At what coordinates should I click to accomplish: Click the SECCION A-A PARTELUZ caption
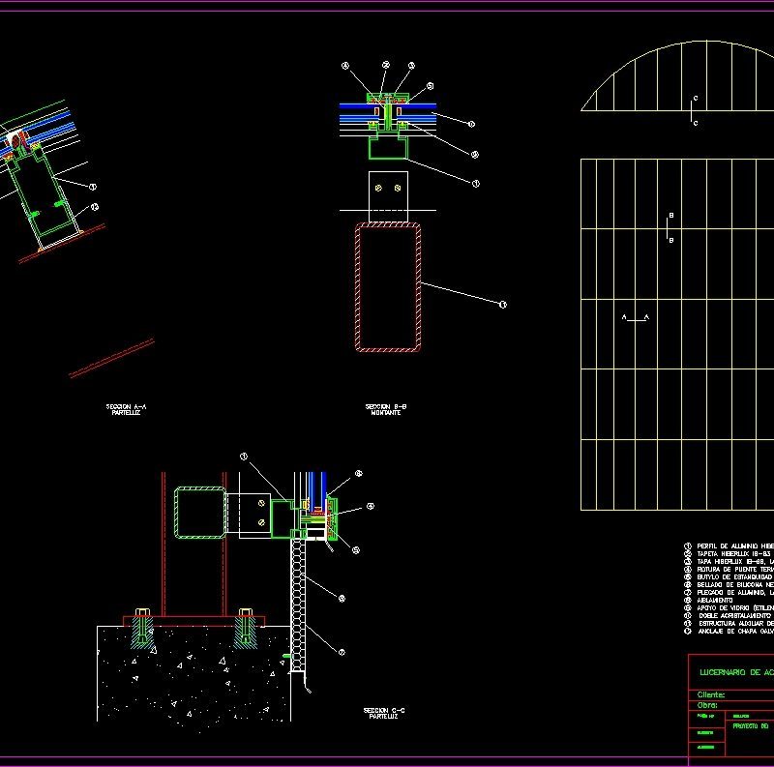click(x=126, y=408)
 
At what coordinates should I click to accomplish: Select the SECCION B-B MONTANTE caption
click(x=385, y=408)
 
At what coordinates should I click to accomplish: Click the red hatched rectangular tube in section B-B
click(x=388, y=287)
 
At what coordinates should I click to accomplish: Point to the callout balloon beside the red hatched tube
click(x=502, y=305)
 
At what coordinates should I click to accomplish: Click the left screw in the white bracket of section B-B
click(x=379, y=189)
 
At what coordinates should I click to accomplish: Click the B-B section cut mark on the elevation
click(x=670, y=228)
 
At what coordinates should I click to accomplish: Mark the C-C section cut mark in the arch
click(x=695, y=111)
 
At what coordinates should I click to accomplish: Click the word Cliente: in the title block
click(x=711, y=693)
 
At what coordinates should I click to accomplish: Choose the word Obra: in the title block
click(x=707, y=705)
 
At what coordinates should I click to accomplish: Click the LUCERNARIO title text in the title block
click(x=735, y=669)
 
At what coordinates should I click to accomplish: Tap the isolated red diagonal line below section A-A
click(x=112, y=358)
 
